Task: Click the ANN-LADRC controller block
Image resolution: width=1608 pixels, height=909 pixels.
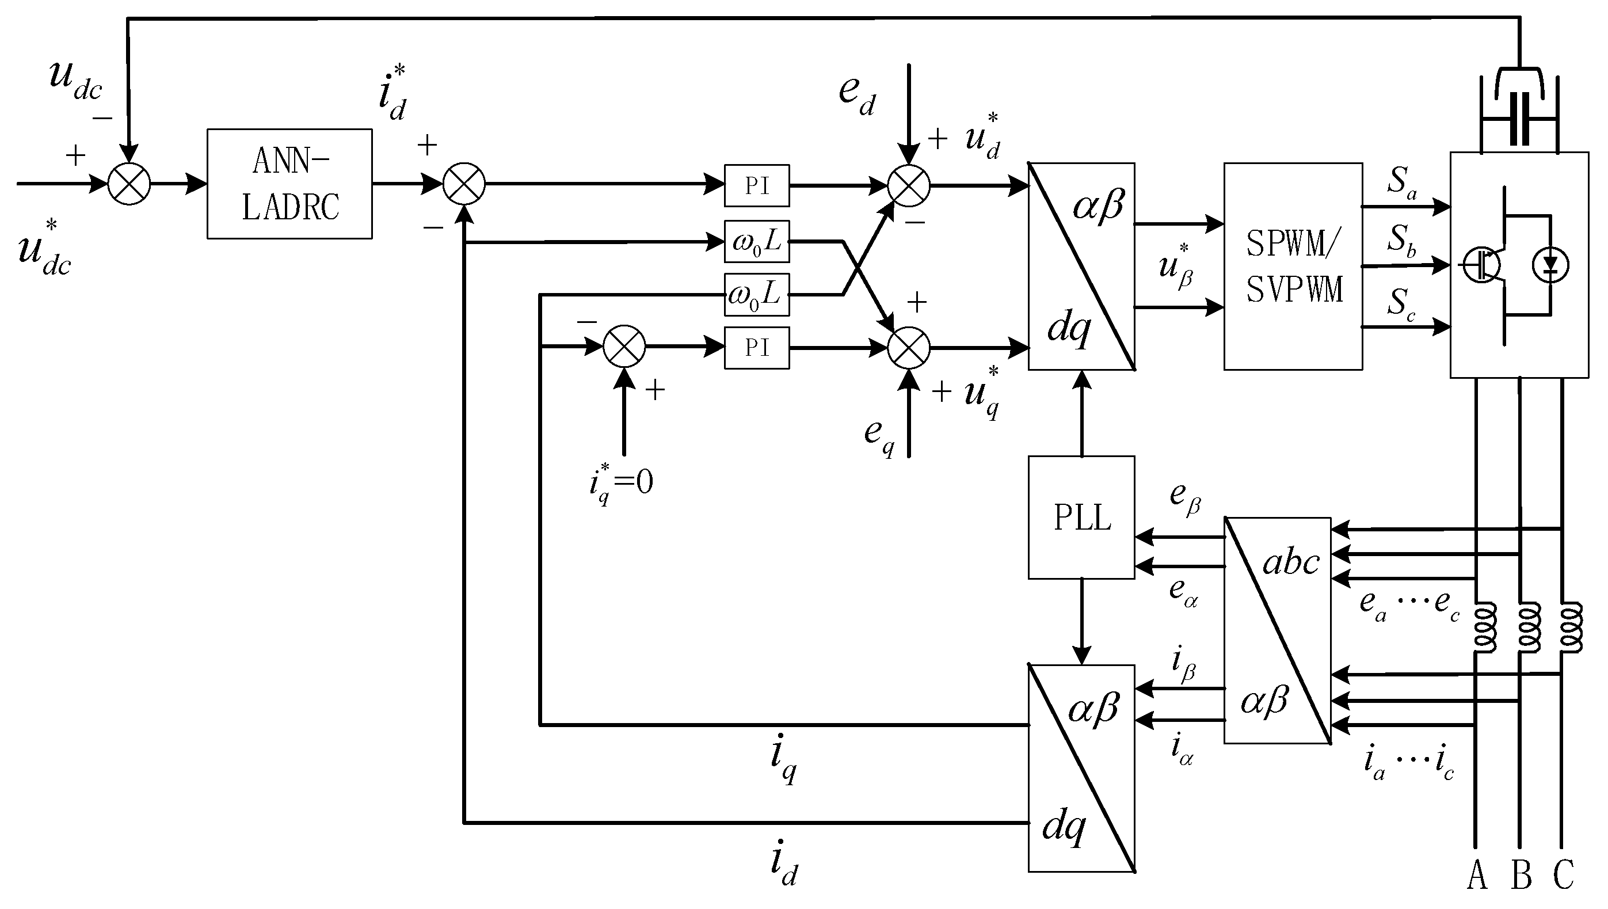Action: tap(289, 184)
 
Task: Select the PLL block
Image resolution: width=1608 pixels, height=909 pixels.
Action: tap(1081, 518)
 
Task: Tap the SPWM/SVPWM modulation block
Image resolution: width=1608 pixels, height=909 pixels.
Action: tap(1293, 267)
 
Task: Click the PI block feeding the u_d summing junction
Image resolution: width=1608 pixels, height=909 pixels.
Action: tap(757, 185)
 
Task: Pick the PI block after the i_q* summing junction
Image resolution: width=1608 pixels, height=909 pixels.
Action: tap(757, 348)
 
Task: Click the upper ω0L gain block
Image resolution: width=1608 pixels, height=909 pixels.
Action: tap(757, 241)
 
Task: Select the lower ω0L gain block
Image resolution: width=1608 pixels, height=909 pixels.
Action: tap(757, 294)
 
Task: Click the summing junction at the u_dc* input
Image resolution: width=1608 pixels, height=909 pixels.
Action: tap(129, 184)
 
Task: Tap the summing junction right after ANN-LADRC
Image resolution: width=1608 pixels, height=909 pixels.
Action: tap(464, 184)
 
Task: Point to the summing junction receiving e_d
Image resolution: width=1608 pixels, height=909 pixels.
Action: tap(909, 185)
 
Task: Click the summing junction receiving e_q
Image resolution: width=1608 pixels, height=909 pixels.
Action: tap(909, 348)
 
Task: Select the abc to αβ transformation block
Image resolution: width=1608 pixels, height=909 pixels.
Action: tap(1277, 630)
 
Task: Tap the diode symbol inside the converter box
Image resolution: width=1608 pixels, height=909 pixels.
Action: tap(1550, 266)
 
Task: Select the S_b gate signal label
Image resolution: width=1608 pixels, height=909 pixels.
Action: tap(1401, 241)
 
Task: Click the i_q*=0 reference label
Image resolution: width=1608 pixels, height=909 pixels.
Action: tap(620, 483)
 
